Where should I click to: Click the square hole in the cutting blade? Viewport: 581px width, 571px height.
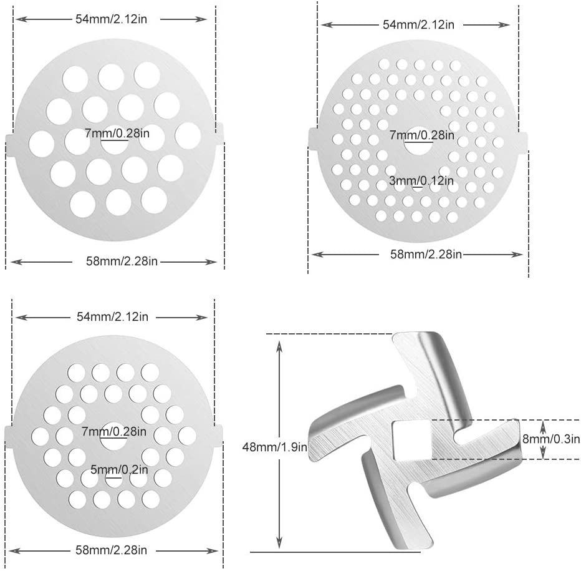411,440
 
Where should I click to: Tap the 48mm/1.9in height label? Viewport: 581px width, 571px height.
274,447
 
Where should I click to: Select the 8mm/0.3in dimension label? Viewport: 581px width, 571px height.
551,439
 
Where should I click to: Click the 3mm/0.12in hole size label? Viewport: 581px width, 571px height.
421,181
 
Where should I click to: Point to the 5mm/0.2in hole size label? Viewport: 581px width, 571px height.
119,470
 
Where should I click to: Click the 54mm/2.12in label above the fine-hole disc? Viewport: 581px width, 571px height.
418,24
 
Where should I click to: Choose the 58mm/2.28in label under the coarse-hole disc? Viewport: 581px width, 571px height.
122,261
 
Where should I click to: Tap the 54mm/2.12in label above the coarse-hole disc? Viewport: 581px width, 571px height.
111,19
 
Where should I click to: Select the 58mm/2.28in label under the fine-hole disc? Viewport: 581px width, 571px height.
426,254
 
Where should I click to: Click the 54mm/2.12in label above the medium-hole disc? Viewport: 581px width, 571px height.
112,316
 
